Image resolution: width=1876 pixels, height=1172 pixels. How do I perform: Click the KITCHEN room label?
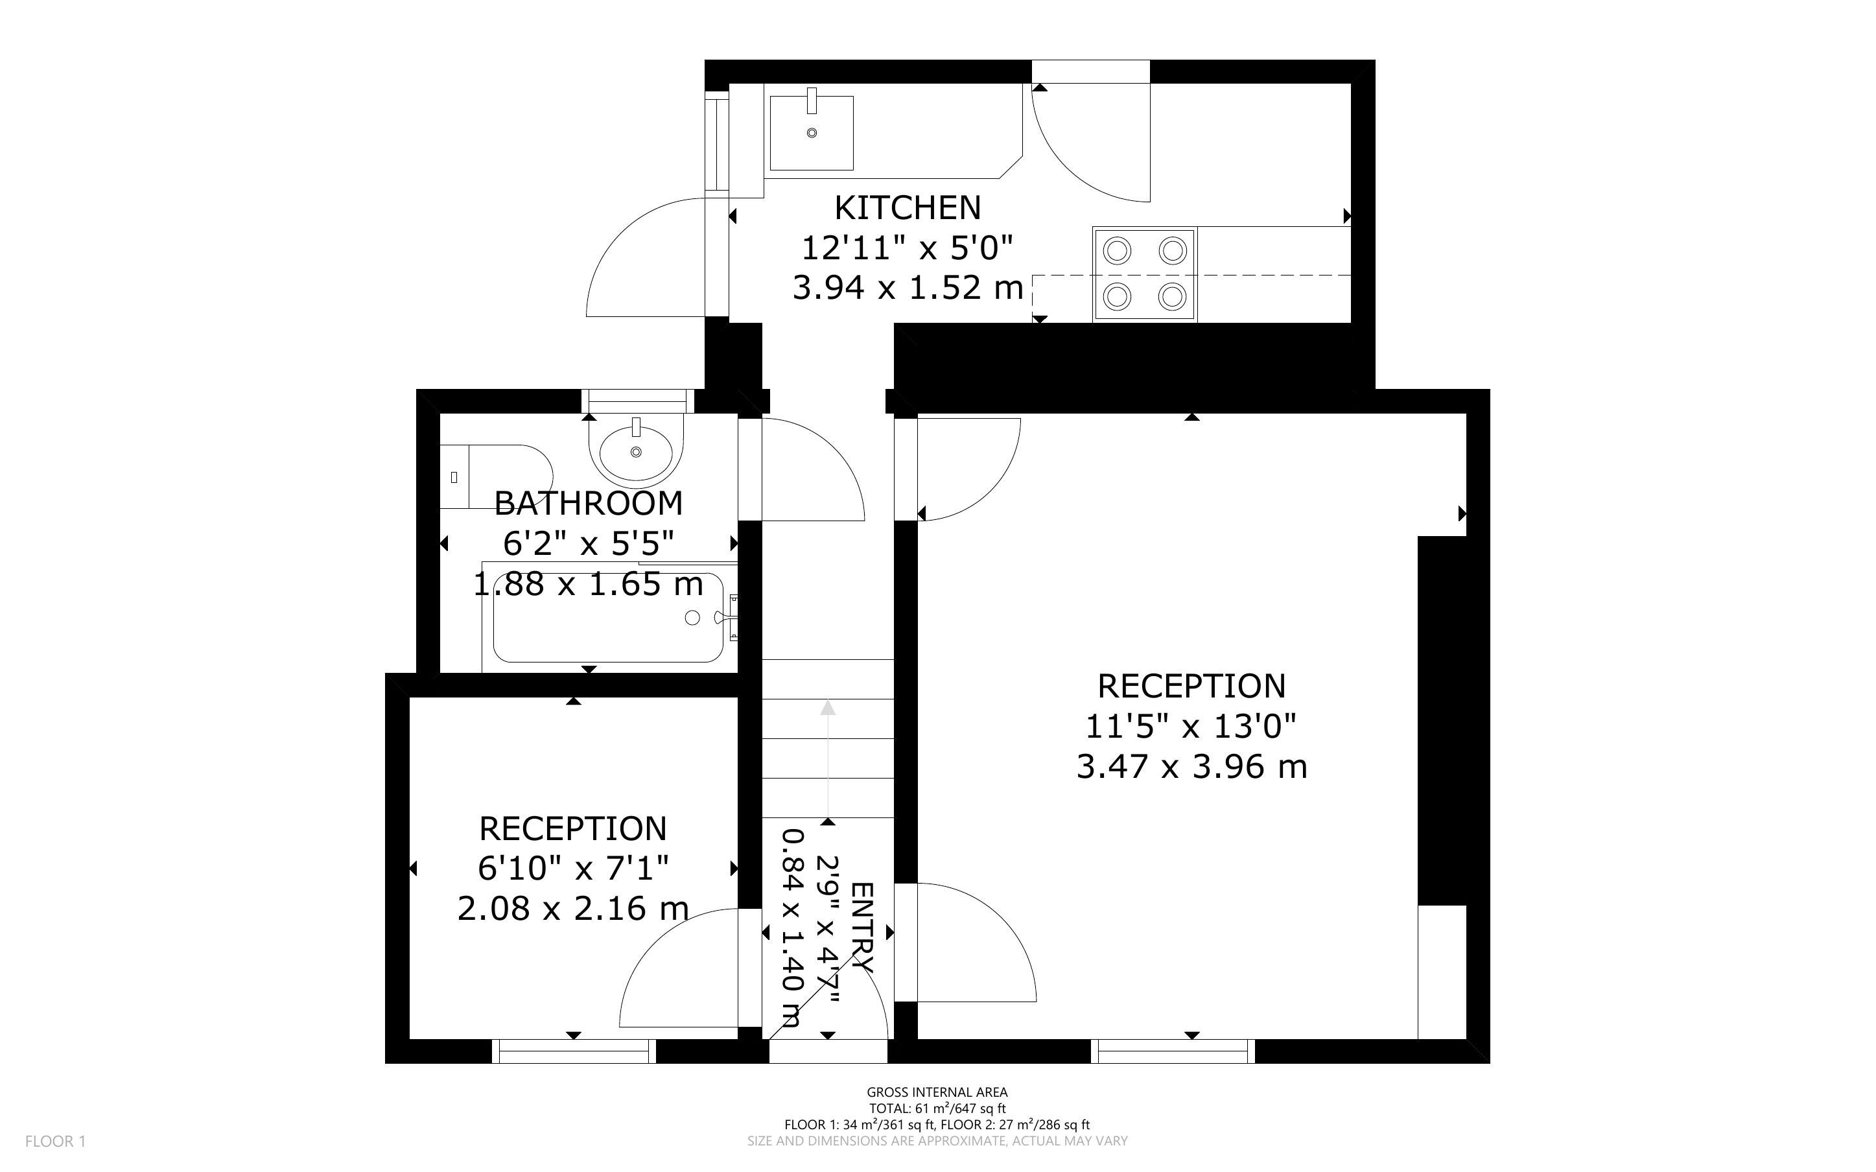pyautogui.click(x=908, y=207)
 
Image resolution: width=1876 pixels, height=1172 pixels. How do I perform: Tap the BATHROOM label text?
pyautogui.click(x=589, y=504)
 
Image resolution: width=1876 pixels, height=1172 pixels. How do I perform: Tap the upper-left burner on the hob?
pyautogui.click(x=1118, y=251)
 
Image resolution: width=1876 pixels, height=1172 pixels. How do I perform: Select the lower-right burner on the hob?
pyautogui.click(x=1173, y=296)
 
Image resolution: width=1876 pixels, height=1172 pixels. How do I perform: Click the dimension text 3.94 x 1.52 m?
pyautogui.click(x=908, y=288)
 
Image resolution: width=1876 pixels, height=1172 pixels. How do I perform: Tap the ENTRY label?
pyautogui.click(x=862, y=928)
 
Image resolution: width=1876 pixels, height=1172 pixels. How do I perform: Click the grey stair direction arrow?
pyautogui.click(x=828, y=760)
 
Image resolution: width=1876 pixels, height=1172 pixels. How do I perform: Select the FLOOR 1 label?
pyautogui.click(x=56, y=1141)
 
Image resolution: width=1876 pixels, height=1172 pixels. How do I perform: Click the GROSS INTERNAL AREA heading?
pyautogui.click(x=937, y=1093)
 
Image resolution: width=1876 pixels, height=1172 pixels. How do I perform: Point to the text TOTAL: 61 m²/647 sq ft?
pyautogui.click(x=937, y=1108)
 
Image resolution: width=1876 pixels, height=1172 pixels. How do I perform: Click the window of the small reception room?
pyautogui.click(x=574, y=1051)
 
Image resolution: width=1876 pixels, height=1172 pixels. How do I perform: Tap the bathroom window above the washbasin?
pyautogui.click(x=638, y=401)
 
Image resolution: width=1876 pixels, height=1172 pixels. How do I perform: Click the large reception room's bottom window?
pyautogui.click(x=1173, y=1051)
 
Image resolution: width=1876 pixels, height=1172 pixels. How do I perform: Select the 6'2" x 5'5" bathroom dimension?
pyautogui.click(x=589, y=544)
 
